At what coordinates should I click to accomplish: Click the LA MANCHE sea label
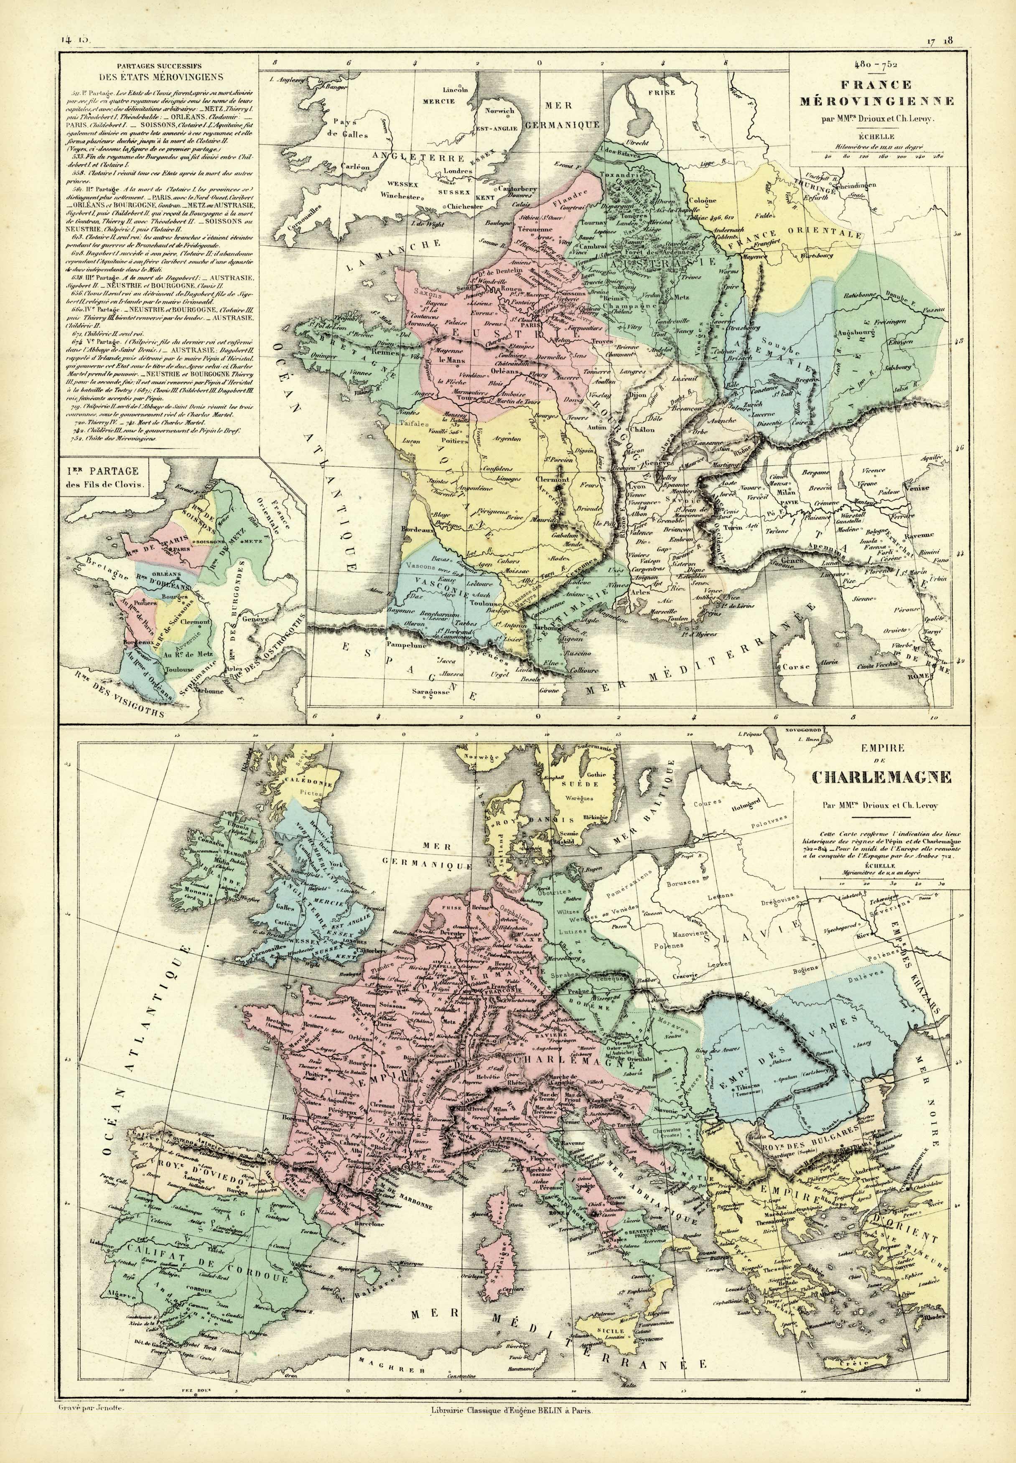point(395,255)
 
